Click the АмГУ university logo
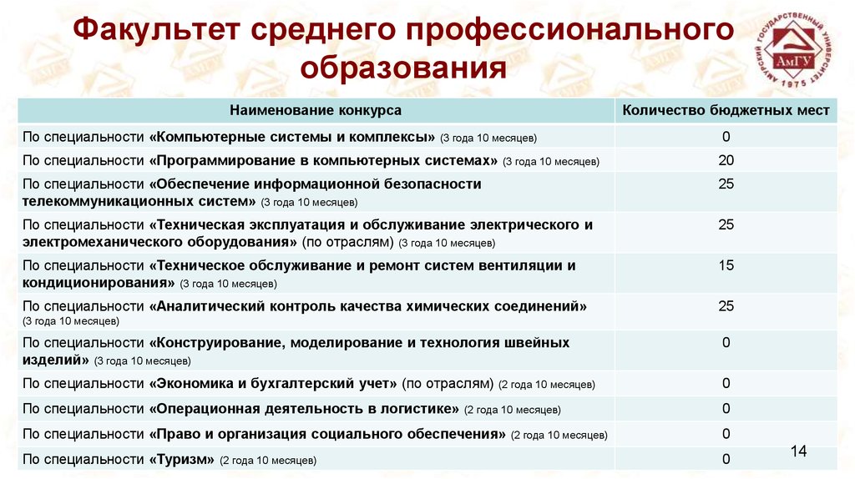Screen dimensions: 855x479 [794, 50]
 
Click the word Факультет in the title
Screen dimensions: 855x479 [156, 29]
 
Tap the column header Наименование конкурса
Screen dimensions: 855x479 [315, 110]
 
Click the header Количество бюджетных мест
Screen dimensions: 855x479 [726, 110]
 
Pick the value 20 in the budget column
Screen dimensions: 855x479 [726, 160]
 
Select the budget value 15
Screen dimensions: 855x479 [726, 265]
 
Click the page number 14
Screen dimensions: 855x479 [798, 451]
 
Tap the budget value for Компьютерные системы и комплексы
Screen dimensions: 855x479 [726, 136]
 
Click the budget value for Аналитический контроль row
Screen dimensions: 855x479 [726, 305]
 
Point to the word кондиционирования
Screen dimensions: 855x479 [99, 284]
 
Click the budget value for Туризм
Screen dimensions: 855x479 [726, 459]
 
